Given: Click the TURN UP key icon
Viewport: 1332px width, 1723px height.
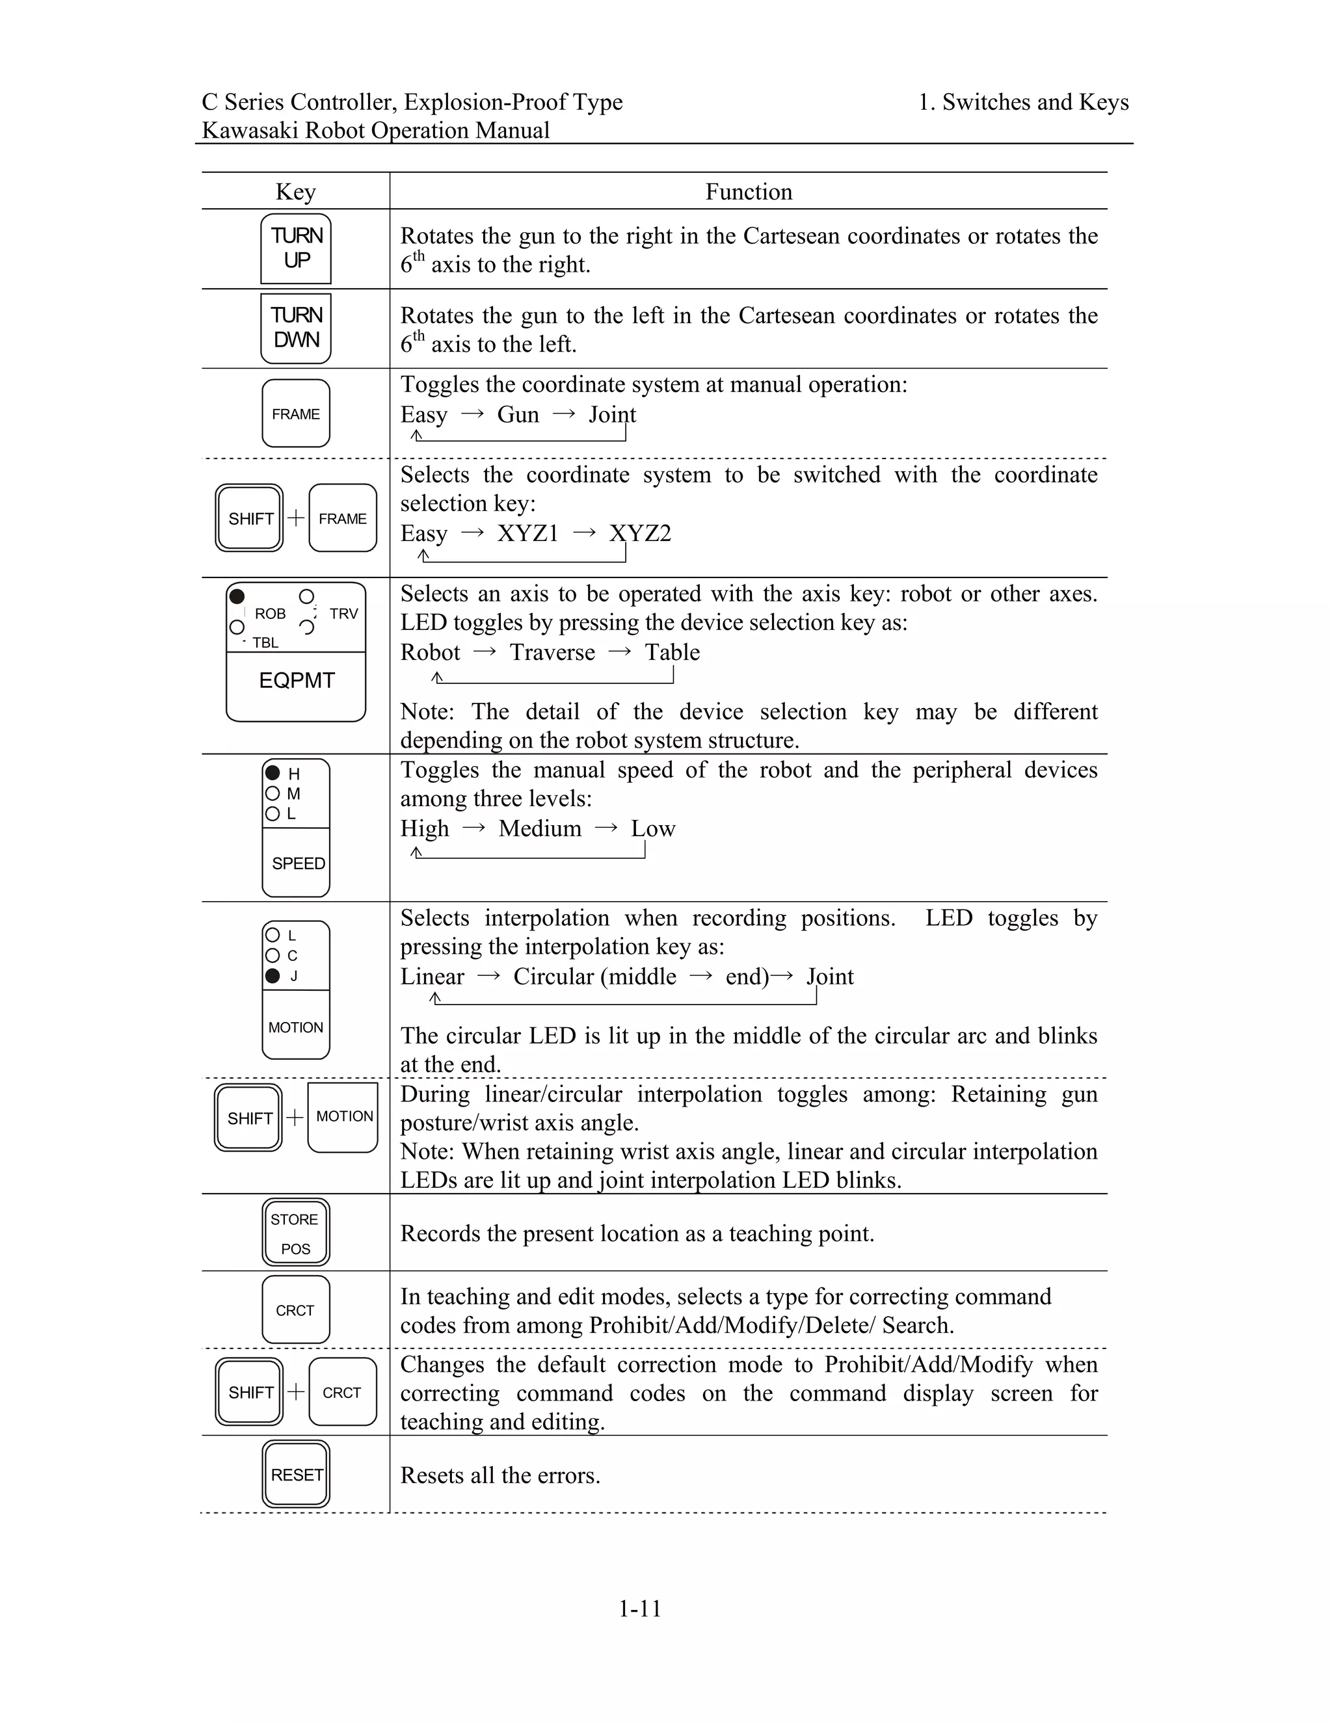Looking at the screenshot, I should [296, 248].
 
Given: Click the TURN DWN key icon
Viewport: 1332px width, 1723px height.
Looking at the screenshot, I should [296, 328].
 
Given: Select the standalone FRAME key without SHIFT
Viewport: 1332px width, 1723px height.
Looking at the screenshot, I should [296, 414].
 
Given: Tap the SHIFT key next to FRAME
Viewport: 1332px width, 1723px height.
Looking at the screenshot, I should [249, 518].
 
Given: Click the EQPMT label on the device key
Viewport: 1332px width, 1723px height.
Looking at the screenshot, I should [297, 680].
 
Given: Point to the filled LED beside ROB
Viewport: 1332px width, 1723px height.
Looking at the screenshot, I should [237, 596].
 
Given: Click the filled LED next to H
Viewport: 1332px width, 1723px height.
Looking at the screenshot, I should [273, 773].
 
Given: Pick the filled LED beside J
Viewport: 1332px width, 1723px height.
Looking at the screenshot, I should [273, 976].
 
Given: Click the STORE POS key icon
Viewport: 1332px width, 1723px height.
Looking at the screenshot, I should [296, 1233].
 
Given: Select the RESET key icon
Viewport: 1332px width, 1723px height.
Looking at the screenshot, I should [296, 1475].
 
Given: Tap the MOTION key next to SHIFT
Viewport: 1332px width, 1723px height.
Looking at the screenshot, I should [343, 1116].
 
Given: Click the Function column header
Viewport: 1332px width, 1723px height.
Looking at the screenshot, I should [748, 192].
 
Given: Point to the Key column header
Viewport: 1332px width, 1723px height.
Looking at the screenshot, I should [296, 192].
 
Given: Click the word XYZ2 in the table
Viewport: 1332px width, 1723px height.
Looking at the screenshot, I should [640, 533].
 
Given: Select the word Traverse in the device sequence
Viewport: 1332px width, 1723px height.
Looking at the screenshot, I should [552, 652].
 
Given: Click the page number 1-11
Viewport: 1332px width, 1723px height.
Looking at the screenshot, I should [639, 1609].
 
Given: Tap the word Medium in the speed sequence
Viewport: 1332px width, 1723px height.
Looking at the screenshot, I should [540, 828].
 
